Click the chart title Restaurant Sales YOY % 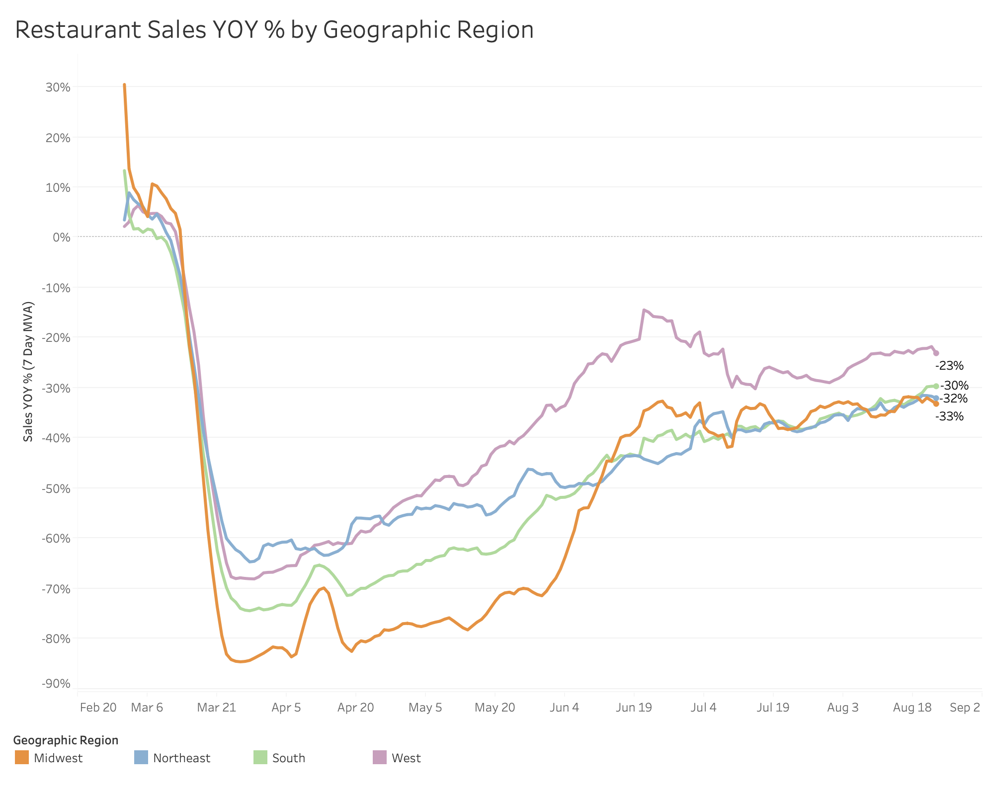click(x=274, y=30)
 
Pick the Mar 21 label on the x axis click(x=217, y=707)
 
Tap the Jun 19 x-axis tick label click(x=634, y=707)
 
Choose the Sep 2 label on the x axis click(x=965, y=707)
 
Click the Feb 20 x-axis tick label click(x=98, y=707)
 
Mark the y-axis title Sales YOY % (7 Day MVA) click(x=28, y=371)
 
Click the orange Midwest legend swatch click(x=22, y=758)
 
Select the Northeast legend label click(x=181, y=758)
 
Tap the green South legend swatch click(x=260, y=758)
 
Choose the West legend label click(x=406, y=758)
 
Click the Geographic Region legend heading click(x=66, y=740)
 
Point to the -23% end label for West click(x=949, y=366)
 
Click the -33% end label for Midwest click(x=949, y=416)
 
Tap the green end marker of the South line click(x=936, y=386)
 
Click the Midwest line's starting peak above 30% click(x=124, y=85)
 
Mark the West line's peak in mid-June click(x=644, y=310)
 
